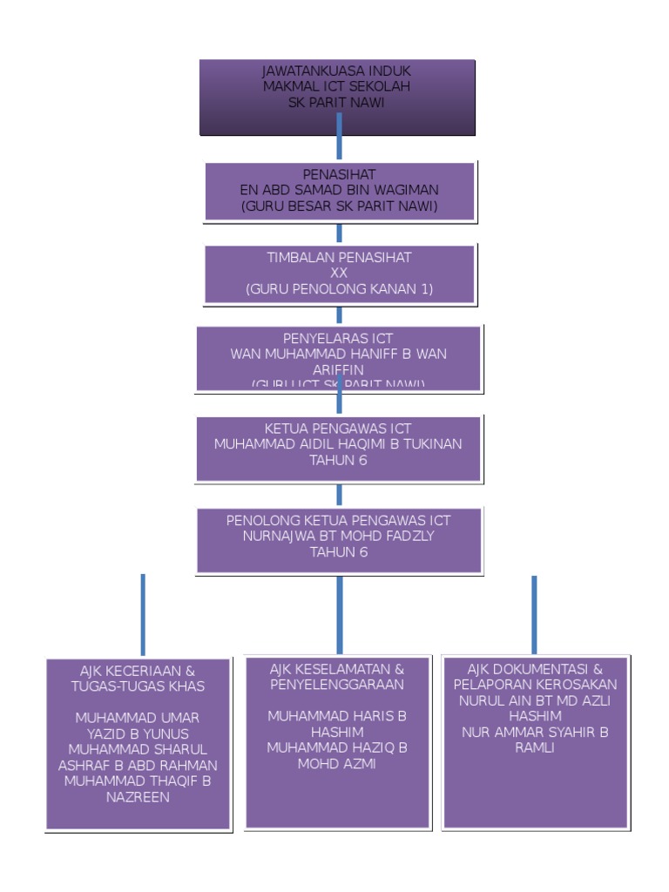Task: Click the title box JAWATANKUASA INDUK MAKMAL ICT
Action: (x=337, y=97)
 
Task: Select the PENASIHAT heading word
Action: (x=339, y=174)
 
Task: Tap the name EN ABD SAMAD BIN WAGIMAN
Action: (x=339, y=190)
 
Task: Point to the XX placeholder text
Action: (x=339, y=273)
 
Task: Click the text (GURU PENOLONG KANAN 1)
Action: (x=339, y=288)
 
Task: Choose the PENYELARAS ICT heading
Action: (x=339, y=338)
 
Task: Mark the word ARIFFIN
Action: (x=339, y=369)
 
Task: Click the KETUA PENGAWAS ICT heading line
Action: (x=338, y=428)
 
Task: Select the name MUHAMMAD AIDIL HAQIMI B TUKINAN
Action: (x=338, y=443)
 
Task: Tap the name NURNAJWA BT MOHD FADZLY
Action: (x=339, y=536)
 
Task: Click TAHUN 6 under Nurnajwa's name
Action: (x=339, y=551)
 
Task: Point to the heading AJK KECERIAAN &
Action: (x=138, y=671)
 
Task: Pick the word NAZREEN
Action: (x=138, y=796)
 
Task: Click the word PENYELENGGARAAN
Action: (x=337, y=685)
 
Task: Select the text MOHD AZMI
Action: (x=337, y=763)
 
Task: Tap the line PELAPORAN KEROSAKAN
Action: (x=535, y=685)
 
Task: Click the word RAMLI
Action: (x=535, y=747)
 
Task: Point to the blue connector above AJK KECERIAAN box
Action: (x=143, y=613)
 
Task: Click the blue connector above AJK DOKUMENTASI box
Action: (x=534, y=613)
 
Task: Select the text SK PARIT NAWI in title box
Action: (x=337, y=102)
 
